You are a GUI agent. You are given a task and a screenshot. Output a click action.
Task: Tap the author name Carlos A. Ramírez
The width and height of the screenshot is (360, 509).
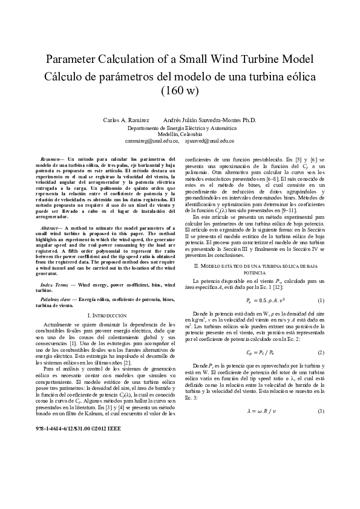[x=126, y=120]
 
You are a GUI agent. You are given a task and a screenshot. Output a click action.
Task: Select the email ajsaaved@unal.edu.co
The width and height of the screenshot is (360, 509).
[x=209, y=140]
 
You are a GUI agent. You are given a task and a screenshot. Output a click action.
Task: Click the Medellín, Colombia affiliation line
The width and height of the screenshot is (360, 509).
[x=180, y=134]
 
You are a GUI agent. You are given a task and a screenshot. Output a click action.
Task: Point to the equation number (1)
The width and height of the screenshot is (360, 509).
[x=321, y=300]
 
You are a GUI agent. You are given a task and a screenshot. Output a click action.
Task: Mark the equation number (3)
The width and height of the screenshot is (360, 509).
[x=321, y=412]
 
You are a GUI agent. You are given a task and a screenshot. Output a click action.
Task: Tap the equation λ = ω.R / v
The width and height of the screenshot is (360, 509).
[x=259, y=412]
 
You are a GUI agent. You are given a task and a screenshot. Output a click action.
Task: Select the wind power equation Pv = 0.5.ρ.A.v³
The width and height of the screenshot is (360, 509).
[x=260, y=300]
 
